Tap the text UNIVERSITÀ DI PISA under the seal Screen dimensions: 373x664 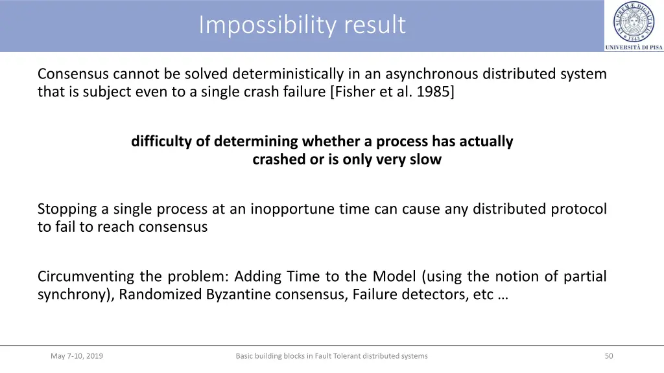(634, 47)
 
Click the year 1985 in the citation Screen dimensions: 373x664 (436, 92)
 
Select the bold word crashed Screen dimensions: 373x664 (279, 159)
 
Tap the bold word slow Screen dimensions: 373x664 (425, 159)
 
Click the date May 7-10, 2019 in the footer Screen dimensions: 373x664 (77, 356)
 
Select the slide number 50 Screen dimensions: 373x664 (608, 356)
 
